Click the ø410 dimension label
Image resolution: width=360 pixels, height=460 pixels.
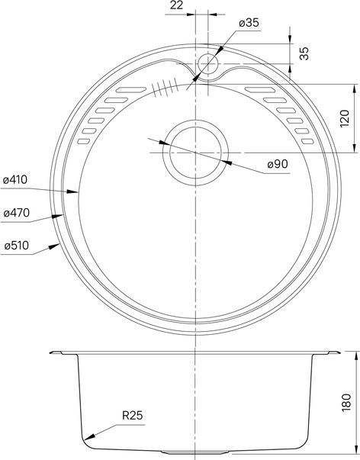tap(15, 179)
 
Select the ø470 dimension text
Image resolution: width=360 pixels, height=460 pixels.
tap(17, 213)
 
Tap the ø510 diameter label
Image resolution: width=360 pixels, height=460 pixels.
tap(17, 245)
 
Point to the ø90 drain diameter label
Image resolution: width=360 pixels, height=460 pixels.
tap(278, 164)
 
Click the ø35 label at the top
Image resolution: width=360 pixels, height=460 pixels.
tap(249, 23)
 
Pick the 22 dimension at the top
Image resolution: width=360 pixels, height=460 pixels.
tap(176, 5)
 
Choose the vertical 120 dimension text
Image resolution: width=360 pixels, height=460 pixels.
tap(345, 118)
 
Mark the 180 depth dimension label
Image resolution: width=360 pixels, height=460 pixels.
tap(346, 403)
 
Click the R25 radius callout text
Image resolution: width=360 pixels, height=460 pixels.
tap(132, 416)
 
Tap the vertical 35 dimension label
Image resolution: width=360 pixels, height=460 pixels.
tap(304, 53)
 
